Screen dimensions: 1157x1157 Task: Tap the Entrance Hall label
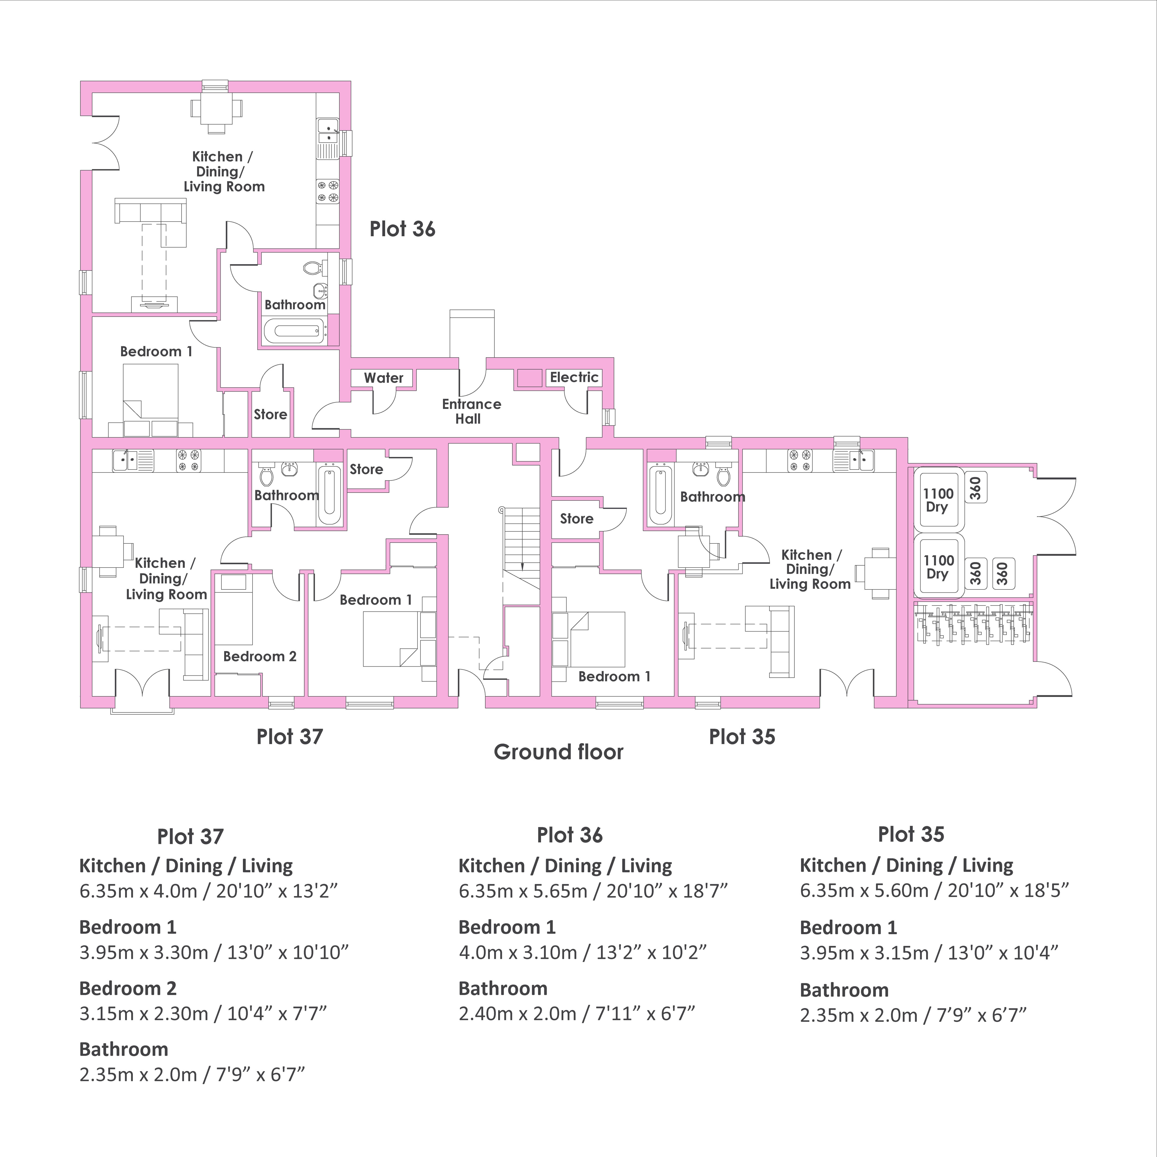coord(471,411)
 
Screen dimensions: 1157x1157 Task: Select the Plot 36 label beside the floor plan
coord(403,229)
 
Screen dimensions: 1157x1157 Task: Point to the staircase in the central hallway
coord(523,539)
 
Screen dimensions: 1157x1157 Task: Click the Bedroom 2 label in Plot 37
coord(260,656)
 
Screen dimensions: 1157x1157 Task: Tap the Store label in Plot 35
coord(577,519)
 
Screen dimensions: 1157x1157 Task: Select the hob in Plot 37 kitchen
coord(189,460)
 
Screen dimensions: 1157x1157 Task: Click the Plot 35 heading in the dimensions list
coord(911,834)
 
